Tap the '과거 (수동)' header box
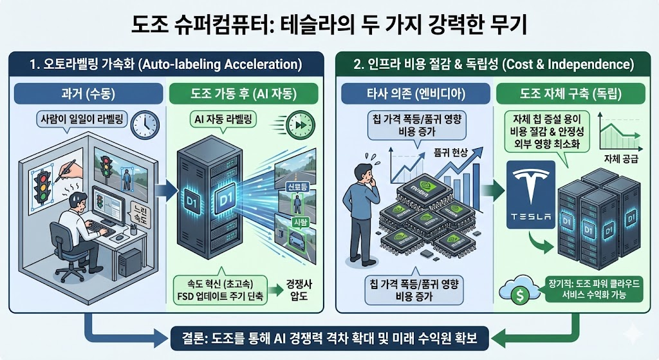[86, 93]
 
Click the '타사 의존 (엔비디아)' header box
[412, 93]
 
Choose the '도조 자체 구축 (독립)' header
[567, 93]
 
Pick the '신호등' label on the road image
[298, 187]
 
